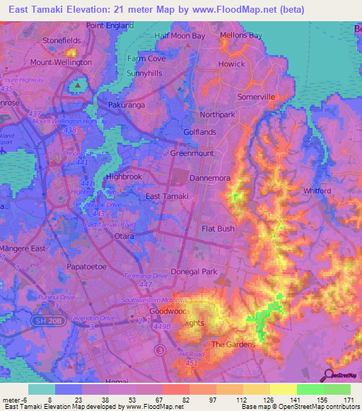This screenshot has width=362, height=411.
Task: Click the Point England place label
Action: pos(110,25)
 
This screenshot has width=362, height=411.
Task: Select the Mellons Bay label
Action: pos(240,35)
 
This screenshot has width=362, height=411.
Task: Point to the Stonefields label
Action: pos(62,41)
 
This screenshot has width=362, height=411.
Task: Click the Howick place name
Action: pos(230,64)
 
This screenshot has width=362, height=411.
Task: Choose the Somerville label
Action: pos(256,97)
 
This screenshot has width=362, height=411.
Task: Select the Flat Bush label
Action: pos(218,230)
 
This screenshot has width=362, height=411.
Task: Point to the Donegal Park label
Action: pos(217,271)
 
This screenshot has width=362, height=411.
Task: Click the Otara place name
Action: pos(127,237)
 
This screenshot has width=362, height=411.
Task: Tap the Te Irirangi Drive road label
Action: pos(147,275)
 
